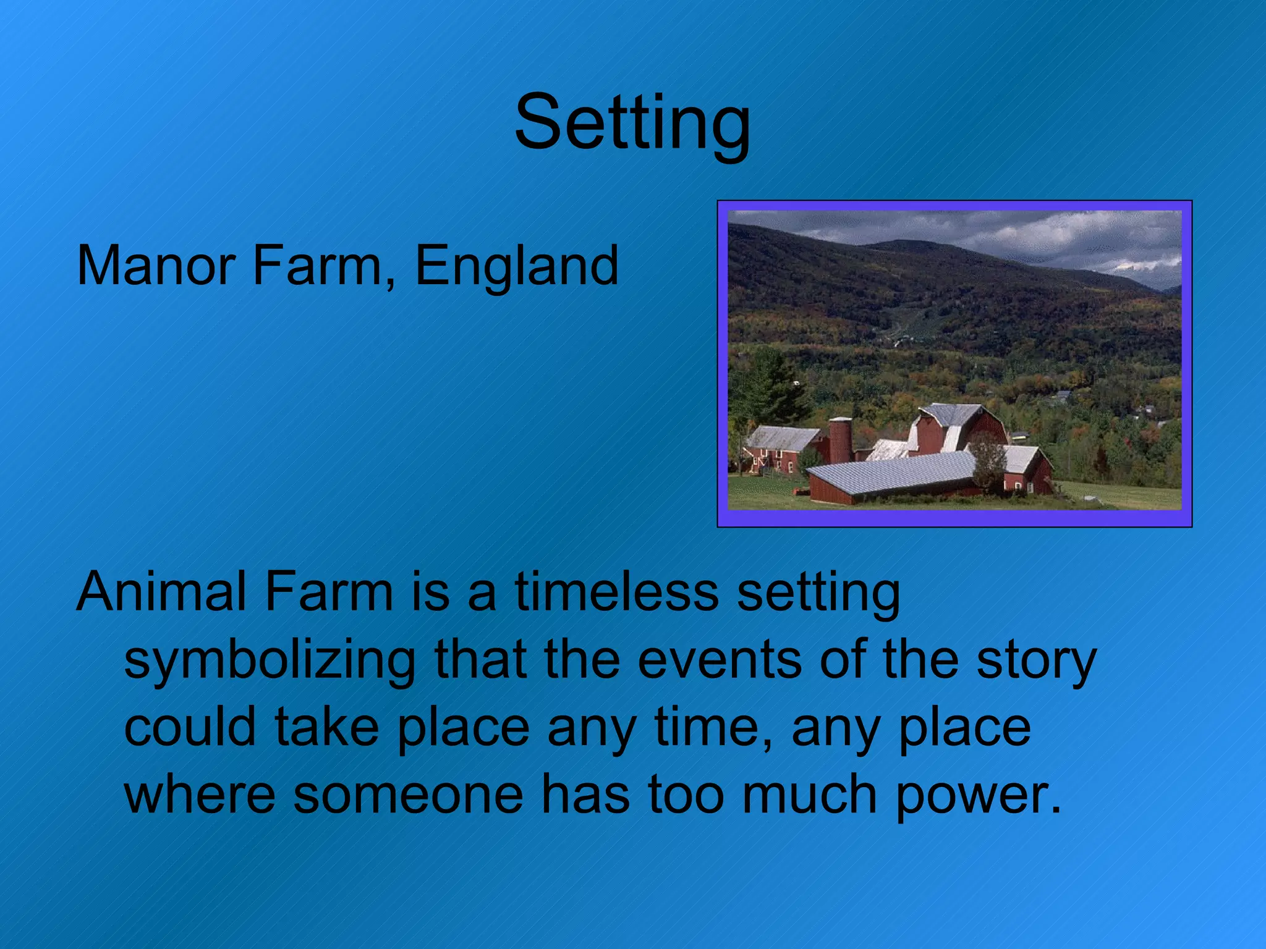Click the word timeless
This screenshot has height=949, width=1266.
coord(616,591)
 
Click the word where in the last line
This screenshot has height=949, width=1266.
coord(200,795)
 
